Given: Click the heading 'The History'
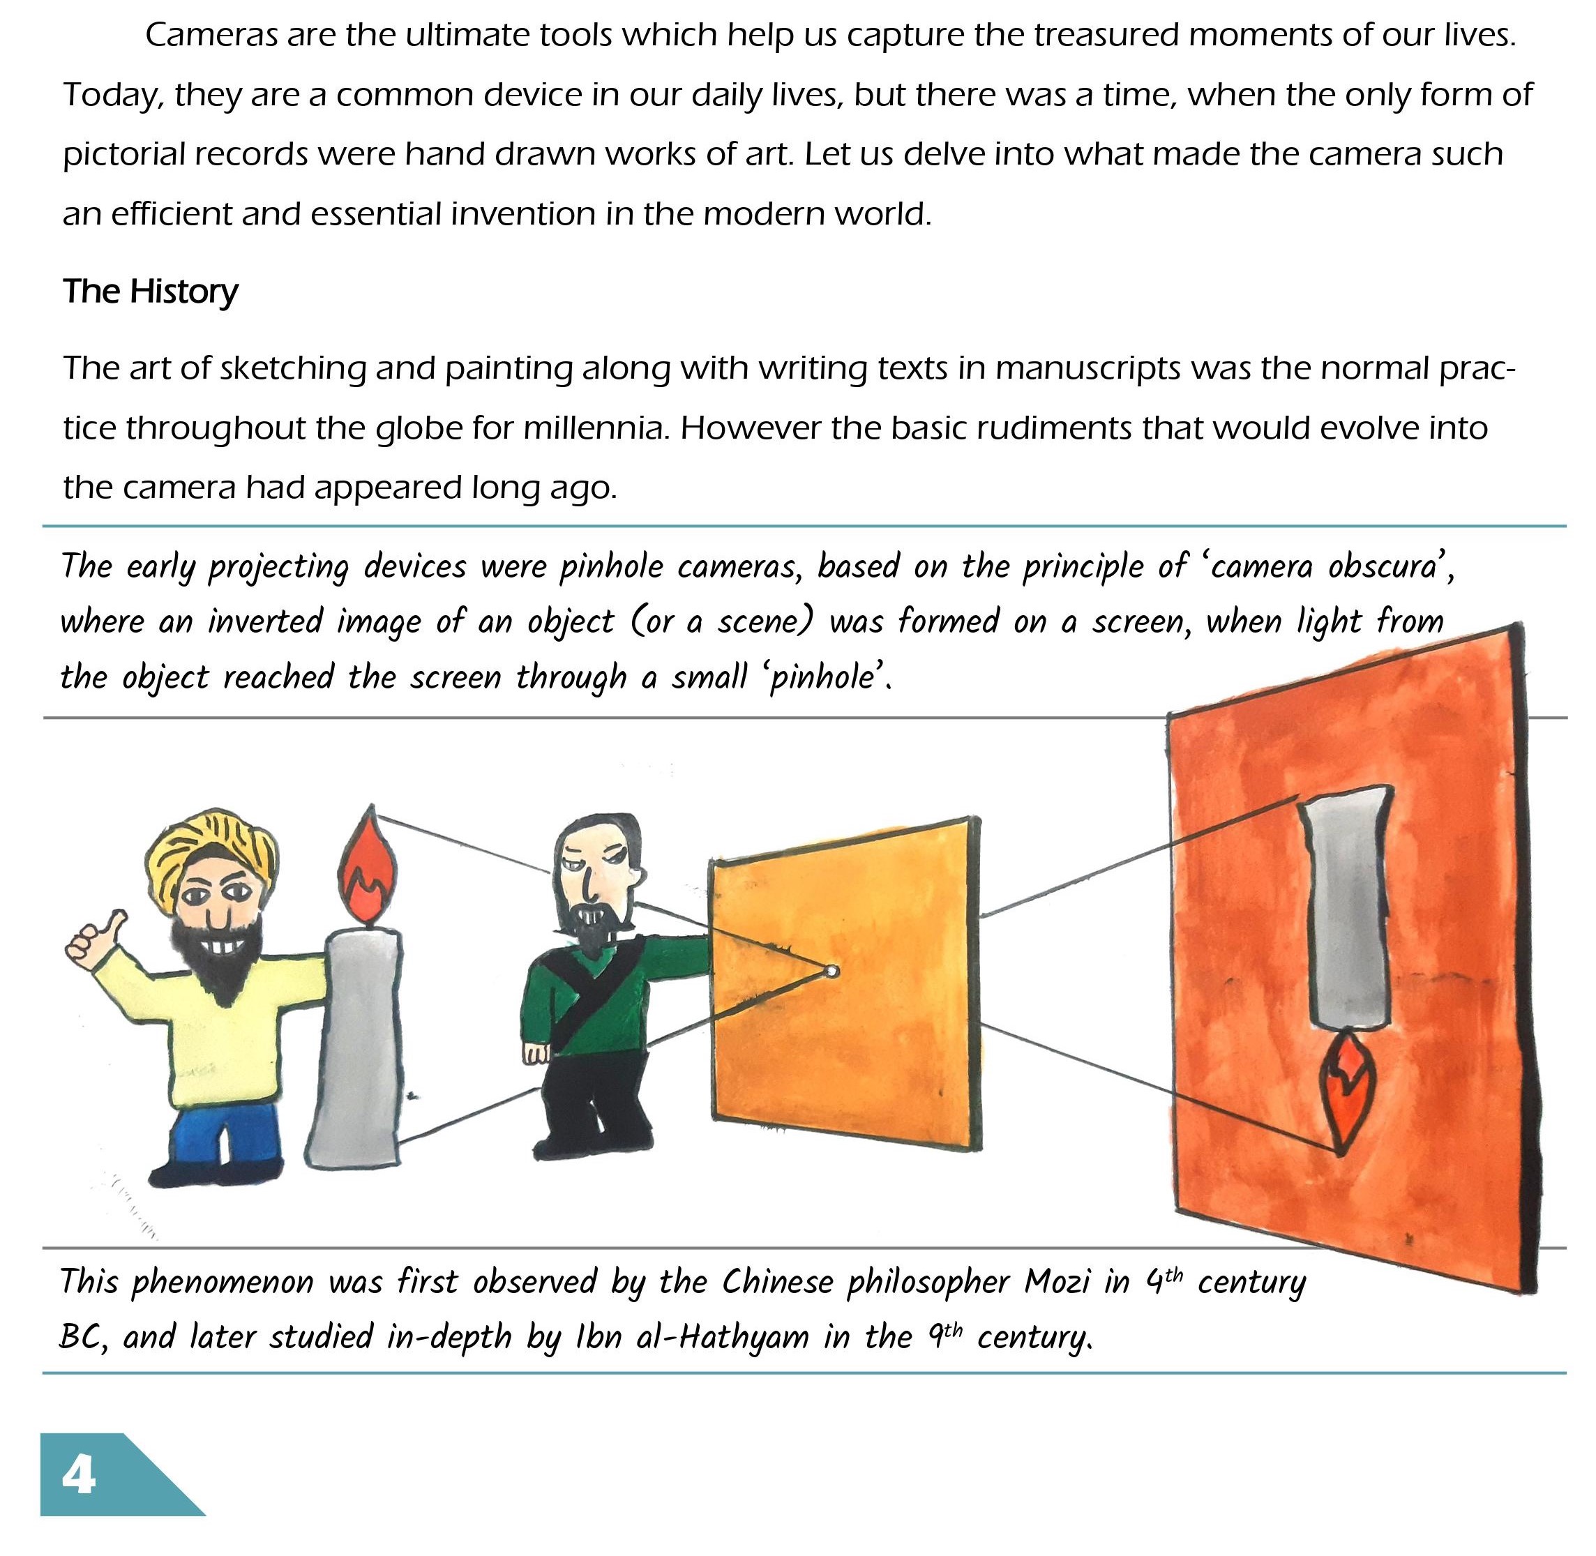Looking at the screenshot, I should tap(151, 292).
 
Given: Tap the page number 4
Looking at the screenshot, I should tap(78, 1475).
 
